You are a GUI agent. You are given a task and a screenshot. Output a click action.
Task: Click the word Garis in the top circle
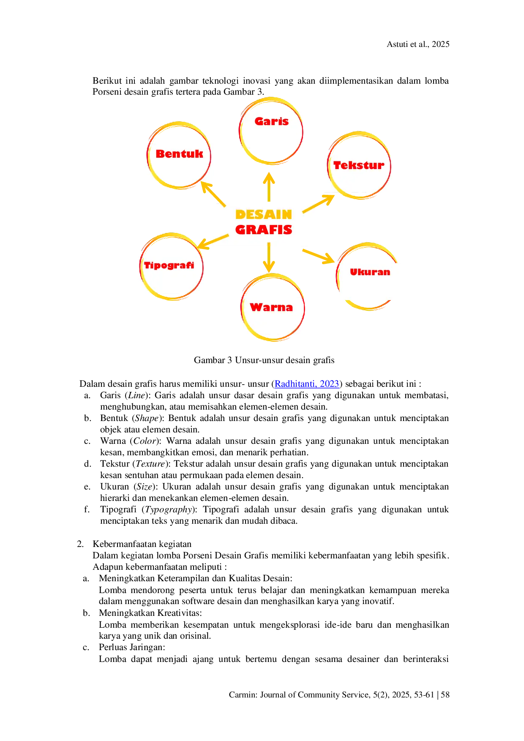click(x=271, y=121)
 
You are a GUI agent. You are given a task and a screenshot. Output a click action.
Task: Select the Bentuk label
click(x=179, y=154)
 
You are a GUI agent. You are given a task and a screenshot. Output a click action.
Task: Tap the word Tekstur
click(x=359, y=165)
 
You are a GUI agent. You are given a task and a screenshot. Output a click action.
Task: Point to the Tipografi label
click(x=169, y=265)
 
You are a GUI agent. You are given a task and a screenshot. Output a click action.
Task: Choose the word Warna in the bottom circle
click(x=271, y=307)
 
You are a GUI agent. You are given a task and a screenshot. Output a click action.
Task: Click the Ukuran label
click(x=370, y=272)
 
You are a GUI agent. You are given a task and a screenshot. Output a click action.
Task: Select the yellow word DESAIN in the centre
click(x=264, y=215)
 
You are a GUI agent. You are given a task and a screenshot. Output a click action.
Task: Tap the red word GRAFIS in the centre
click(x=264, y=230)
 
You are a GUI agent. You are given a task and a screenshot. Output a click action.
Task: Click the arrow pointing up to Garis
click(x=269, y=186)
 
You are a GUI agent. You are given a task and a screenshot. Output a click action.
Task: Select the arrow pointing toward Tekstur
click(x=319, y=204)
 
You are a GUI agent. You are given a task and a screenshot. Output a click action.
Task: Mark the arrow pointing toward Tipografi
click(x=213, y=241)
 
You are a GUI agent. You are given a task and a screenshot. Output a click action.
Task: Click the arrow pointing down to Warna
click(x=269, y=258)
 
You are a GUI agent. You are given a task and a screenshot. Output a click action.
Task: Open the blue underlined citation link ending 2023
click(x=306, y=384)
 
